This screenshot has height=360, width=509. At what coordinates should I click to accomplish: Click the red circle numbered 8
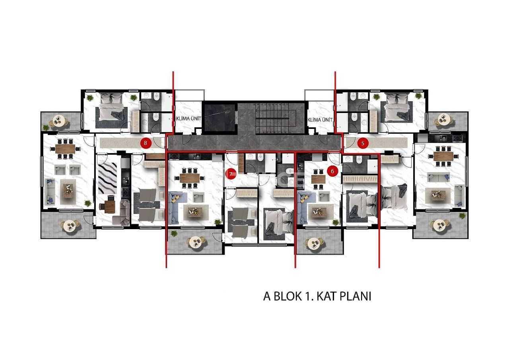[x=146, y=142]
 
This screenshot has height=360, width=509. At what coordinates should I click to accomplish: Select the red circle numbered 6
[x=333, y=171]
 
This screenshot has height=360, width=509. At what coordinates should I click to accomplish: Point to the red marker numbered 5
[x=362, y=143]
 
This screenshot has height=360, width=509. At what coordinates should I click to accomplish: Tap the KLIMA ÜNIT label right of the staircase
[x=320, y=119]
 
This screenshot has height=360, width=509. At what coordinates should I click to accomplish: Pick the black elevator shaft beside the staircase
[x=220, y=118]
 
